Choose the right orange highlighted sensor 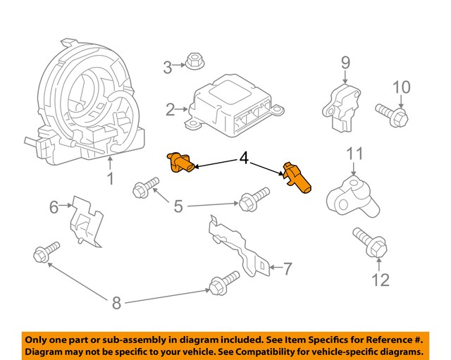[296, 178]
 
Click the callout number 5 [178, 206]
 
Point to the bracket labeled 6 [85, 222]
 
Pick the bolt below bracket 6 [46, 253]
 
